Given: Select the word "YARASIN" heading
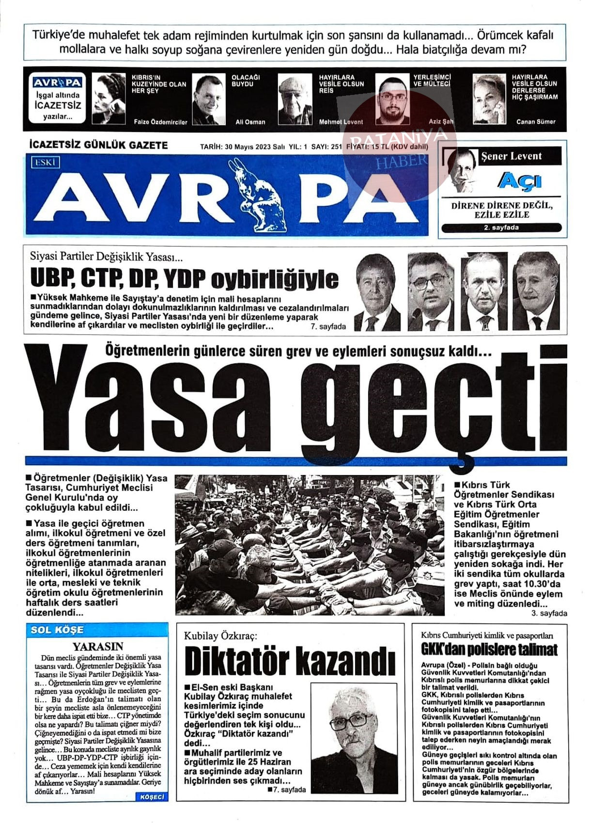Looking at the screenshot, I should [x=98, y=646].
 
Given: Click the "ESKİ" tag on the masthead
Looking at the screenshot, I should [x=45, y=163].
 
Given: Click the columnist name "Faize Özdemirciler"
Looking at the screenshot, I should [x=160, y=122].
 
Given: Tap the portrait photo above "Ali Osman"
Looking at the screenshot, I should [x=209, y=99].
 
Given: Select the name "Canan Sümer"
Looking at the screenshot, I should [x=536, y=122].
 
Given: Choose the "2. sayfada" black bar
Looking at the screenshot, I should [x=501, y=228].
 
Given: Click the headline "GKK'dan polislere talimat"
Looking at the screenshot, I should [x=489, y=649].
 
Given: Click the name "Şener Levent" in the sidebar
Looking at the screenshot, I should [x=511, y=156].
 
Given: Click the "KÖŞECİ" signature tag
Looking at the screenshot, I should [x=152, y=797].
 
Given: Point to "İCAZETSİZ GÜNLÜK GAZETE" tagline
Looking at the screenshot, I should [x=99, y=145].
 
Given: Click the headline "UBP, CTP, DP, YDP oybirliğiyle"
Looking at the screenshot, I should [x=185, y=278].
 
